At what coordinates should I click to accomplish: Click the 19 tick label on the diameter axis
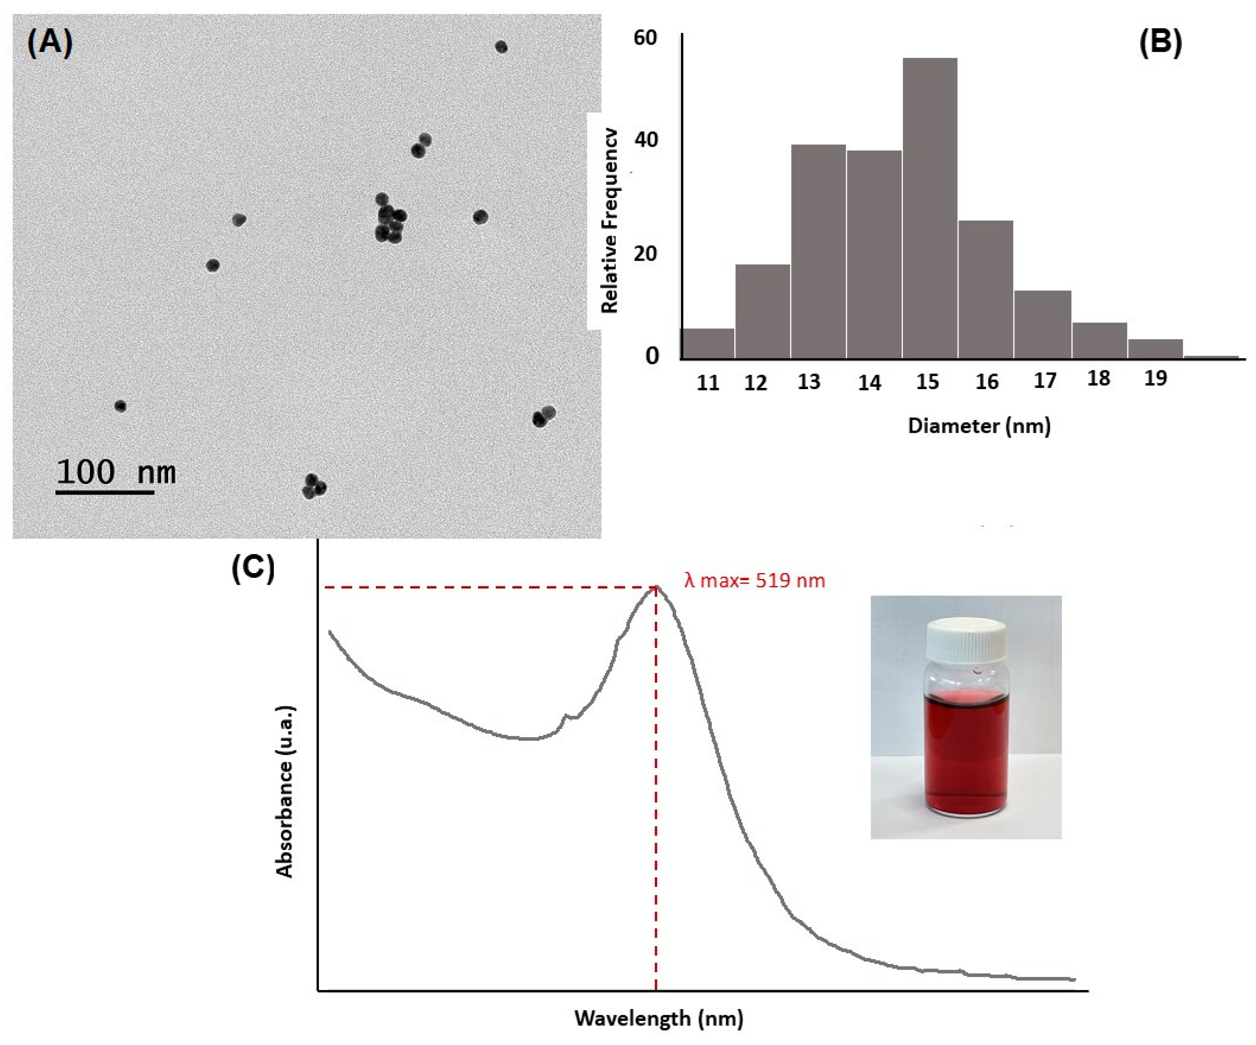1155,378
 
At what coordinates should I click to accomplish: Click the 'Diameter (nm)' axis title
979,426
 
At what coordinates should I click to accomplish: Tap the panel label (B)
1160,43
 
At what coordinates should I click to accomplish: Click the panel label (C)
253,567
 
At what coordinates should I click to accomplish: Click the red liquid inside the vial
966,754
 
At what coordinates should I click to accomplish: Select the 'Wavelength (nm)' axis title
659,1018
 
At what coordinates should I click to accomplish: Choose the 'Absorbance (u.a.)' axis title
285,793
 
